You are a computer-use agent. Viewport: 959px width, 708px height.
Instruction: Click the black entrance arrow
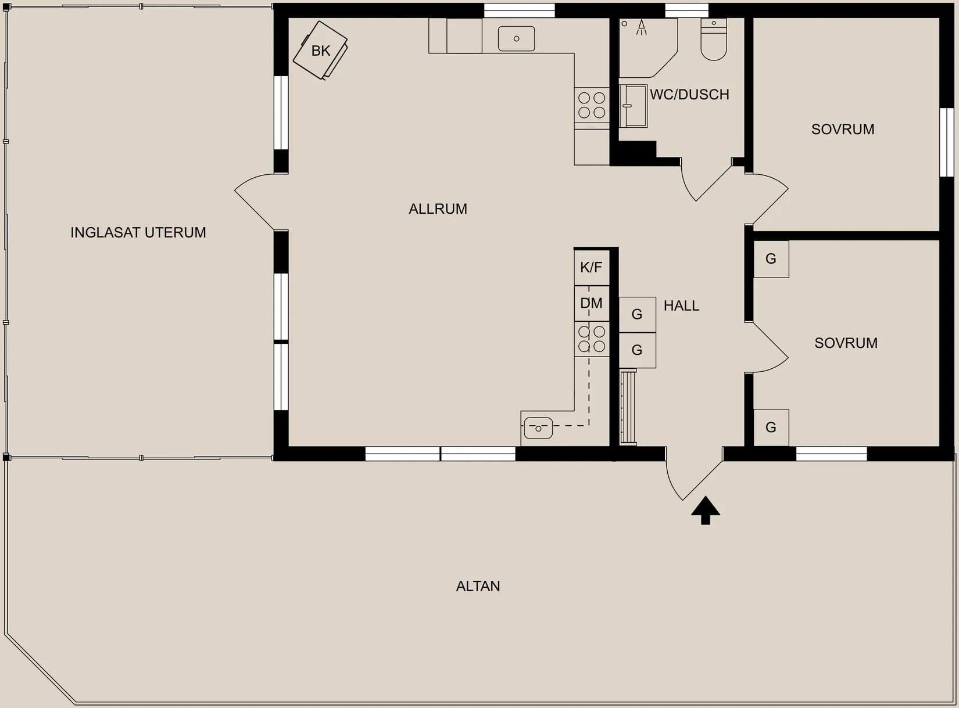coord(705,511)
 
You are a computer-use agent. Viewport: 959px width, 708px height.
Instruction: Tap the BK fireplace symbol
coord(320,50)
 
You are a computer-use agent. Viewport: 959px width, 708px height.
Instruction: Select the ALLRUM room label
coord(438,209)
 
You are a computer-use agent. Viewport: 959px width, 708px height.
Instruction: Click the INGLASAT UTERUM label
coord(138,232)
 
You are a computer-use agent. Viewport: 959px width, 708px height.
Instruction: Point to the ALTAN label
coord(478,586)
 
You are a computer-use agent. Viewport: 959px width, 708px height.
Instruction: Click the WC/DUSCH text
coord(690,94)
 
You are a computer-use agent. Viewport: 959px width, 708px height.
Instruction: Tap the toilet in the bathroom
coord(713,39)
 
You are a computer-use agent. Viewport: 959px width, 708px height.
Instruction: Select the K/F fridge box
coord(592,268)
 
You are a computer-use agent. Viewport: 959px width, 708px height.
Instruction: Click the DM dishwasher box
coord(592,303)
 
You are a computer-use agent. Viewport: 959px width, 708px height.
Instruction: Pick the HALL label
coord(681,306)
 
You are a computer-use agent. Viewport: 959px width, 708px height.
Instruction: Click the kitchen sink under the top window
coord(516,38)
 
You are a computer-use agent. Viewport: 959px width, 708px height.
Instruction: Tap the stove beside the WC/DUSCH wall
coord(592,105)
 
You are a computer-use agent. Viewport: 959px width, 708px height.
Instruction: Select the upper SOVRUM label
coord(843,130)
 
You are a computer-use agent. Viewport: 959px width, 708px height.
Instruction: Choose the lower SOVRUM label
coord(846,343)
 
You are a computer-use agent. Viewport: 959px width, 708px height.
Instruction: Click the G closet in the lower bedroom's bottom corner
coord(771,427)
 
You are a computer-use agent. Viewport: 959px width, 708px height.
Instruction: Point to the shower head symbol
coord(642,27)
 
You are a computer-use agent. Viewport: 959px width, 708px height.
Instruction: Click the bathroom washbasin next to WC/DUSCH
coord(633,106)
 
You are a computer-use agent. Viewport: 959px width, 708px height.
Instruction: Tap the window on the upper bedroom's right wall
coord(947,142)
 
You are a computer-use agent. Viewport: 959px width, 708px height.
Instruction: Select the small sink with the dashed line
coord(538,428)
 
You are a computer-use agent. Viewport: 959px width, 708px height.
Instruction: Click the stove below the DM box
coord(592,339)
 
